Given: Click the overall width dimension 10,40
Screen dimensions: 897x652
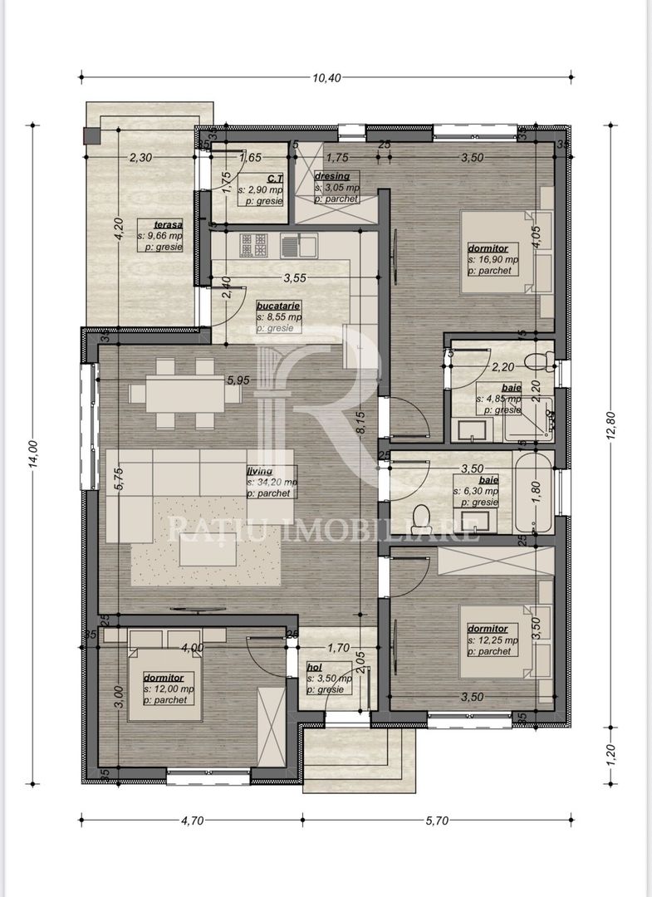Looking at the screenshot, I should point(327,78).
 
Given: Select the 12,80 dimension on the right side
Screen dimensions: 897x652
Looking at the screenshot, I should point(611,427).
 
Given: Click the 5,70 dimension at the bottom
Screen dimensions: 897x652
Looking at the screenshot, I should point(437,821).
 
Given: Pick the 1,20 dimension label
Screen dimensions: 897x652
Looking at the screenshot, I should point(611,753).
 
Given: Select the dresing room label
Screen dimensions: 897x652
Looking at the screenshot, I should point(332,177).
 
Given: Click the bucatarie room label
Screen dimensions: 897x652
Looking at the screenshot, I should point(278,306).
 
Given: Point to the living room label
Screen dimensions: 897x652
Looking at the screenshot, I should point(259,471).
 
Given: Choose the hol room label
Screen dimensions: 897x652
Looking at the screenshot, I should point(314,667).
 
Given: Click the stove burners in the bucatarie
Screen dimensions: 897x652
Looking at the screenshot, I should point(254,244).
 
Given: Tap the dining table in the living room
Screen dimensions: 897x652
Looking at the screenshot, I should point(184,393).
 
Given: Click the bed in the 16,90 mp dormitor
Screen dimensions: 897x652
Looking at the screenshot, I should point(494,252).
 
